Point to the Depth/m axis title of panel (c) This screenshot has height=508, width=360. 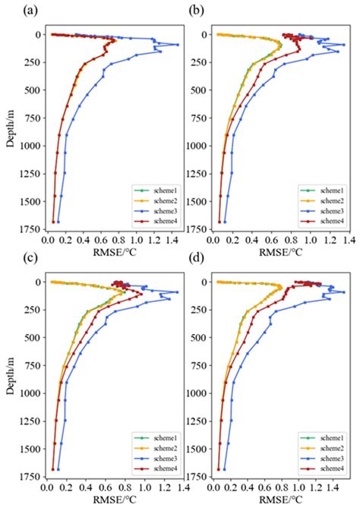8,377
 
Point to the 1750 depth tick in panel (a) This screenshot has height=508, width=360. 31,229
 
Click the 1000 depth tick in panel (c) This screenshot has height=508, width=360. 31,393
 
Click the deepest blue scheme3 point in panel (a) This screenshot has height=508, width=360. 59,222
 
